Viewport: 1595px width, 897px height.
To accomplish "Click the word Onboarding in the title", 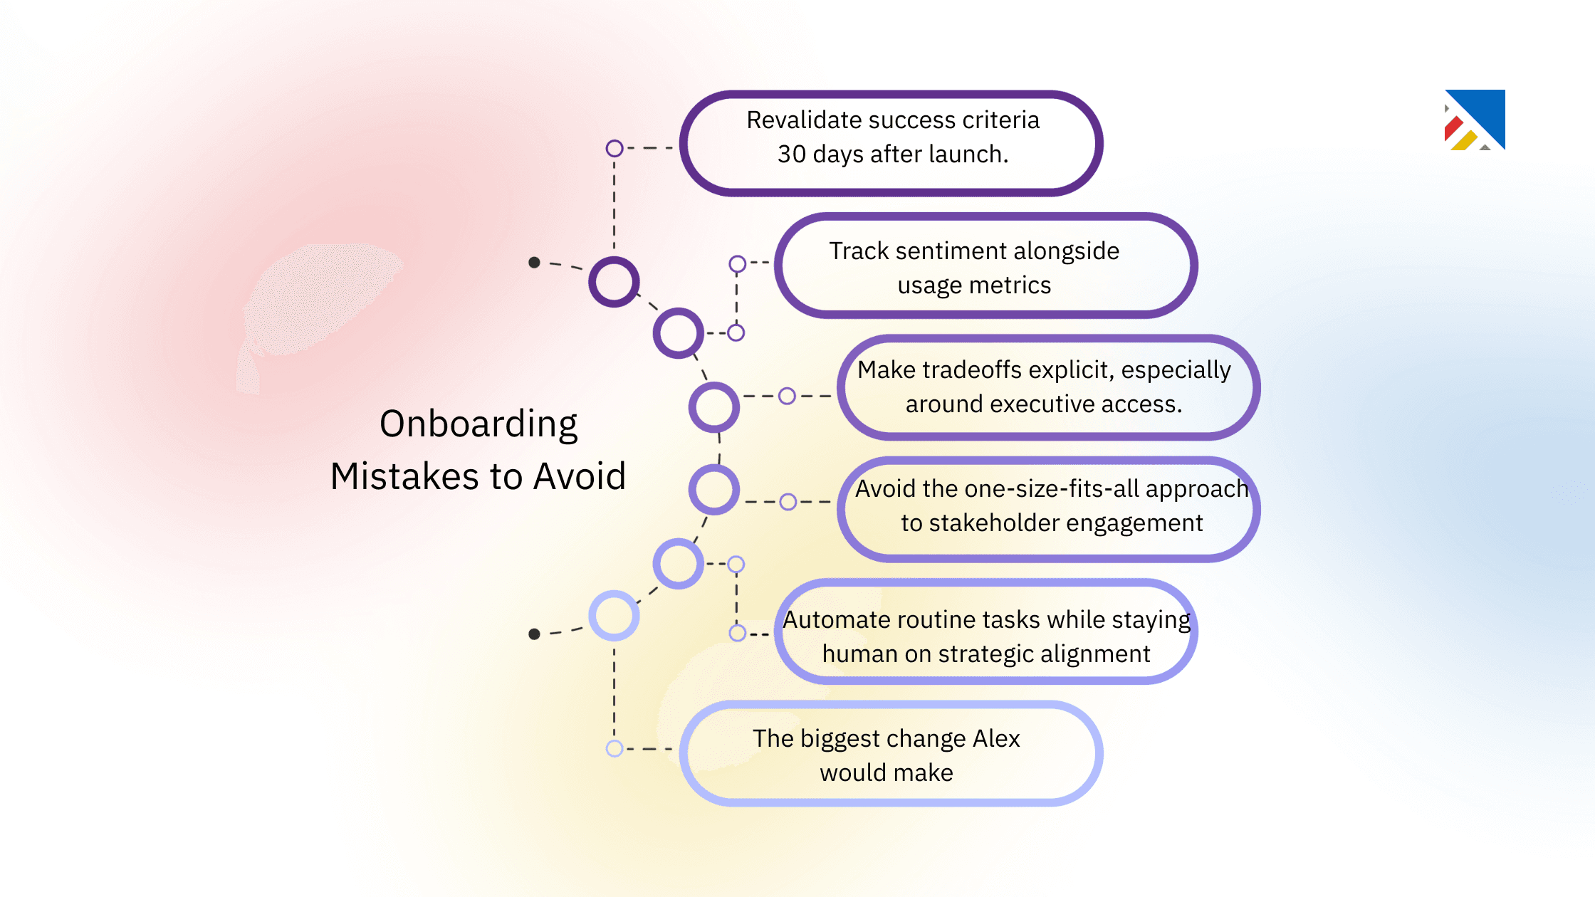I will tap(478, 424).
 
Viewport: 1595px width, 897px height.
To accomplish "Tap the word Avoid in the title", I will tap(580, 476).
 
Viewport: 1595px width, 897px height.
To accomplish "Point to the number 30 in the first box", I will tap(791, 154).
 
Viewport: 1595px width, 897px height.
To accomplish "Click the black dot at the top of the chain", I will tap(534, 263).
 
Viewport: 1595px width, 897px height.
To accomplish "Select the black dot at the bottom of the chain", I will tap(534, 634).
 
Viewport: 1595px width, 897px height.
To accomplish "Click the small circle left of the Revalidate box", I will tap(615, 148).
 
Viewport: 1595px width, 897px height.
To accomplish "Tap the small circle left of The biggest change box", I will tap(615, 748).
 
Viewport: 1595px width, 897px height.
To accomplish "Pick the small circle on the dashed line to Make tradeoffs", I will tap(787, 396).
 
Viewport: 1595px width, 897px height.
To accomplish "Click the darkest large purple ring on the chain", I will tap(614, 282).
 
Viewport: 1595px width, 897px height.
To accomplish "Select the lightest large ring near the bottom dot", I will tap(614, 615).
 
